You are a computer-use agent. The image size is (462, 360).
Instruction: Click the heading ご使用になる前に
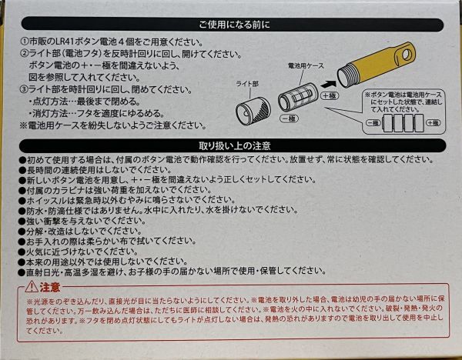click(x=234, y=25)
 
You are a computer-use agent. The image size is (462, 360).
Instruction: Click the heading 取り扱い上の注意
click(x=235, y=145)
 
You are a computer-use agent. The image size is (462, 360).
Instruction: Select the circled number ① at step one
click(x=25, y=42)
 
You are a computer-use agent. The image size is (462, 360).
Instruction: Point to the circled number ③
click(x=24, y=89)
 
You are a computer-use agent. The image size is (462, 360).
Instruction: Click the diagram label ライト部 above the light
click(x=247, y=84)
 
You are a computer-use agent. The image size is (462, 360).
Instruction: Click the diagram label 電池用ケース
click(x=306, y=66)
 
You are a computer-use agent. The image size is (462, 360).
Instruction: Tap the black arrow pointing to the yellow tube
click(x=328, y=85)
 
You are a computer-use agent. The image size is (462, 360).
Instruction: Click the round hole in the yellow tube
click(x=407, y=53)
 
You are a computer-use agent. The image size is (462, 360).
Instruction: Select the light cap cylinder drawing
click(x=253, y=111)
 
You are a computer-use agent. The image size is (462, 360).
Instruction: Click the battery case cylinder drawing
click(x=297, y=97)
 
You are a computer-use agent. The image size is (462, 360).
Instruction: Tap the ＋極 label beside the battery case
click(x=329, y=95)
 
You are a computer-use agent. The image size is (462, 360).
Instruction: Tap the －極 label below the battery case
click(x=289, y=118)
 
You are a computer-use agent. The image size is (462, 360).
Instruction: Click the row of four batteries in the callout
click(x=403, y=122)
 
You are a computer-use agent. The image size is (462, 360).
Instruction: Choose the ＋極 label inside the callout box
click(x=433, y=123)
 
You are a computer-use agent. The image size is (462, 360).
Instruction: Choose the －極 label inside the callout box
click(x=373, y=123)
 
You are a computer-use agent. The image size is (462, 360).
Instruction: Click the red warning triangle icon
click(x=32, y=286)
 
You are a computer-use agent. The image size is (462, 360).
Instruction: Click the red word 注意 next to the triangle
click(x=50, y=287)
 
